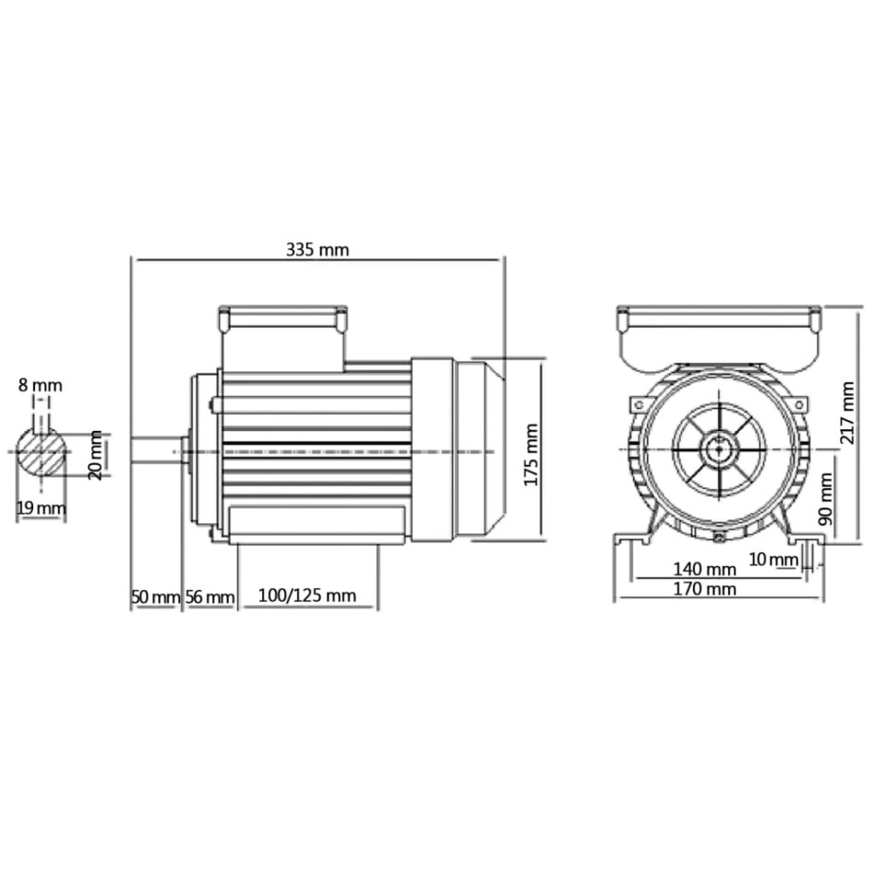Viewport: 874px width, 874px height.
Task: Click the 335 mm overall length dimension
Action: point(317,249)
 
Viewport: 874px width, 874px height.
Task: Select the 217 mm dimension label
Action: point(847,410)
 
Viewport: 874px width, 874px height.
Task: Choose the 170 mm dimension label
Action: point(705,589)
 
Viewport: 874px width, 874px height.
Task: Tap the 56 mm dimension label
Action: point(210,597)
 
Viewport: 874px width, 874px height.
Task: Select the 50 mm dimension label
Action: point(154,597)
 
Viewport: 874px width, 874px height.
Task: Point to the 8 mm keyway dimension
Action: point(41,385)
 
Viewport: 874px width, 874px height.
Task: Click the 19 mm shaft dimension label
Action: point(42,508)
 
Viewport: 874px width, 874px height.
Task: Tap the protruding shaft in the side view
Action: point(155,449)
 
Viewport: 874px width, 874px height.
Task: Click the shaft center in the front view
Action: point(716,450)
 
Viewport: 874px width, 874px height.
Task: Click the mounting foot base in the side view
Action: point(314,526)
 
